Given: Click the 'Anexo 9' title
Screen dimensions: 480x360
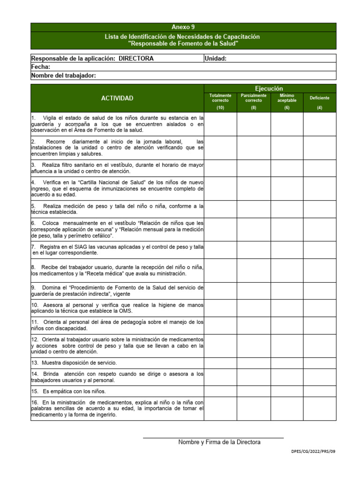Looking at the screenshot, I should [x=183, y=27].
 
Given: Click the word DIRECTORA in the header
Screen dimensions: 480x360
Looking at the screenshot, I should [x=136, y=59].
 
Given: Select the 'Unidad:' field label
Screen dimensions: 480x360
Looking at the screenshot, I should [x=216, y=59].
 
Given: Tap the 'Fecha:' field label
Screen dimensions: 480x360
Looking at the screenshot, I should [x=41, y=67].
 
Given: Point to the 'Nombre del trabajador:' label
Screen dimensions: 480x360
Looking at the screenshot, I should [x=64, y=75].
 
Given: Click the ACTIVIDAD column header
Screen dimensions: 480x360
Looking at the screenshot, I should [x=117, y=98].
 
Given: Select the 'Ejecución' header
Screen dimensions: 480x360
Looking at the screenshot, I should [x=269, y=88].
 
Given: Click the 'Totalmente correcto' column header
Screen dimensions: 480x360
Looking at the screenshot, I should [x=220, y=98].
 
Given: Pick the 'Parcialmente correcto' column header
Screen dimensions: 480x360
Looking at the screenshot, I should [x=254, y=98].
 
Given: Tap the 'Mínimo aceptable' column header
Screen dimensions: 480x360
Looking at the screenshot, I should [x=287, y=98].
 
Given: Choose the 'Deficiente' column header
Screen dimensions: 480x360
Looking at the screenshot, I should [x=320, y=98].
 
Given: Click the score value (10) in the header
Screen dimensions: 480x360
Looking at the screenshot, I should [x=220, y=108].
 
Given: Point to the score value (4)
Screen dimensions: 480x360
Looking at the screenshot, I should [x=320, y=108].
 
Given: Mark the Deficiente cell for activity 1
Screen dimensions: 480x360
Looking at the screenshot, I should [x=320, y=124].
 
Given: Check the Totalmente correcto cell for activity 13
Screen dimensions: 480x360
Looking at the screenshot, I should [x=220, y=363].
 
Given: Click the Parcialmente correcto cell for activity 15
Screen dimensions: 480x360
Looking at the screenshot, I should [x=254, y=391].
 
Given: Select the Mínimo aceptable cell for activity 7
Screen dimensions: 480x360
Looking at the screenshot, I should [x=287, y=250].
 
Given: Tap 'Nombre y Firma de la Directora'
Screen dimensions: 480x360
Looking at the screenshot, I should [x=219, y=442].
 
